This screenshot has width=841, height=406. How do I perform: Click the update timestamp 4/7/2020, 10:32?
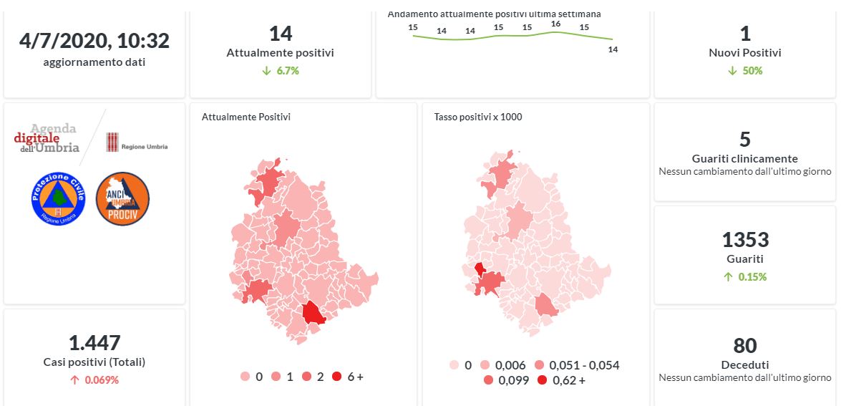click(94, 41)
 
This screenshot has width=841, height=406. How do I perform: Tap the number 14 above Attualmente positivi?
click(281, 34)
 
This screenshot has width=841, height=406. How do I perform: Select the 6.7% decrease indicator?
click(281, 71)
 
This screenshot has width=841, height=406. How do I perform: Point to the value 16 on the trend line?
click(555, 24)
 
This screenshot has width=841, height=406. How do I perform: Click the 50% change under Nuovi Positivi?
click(745, 71)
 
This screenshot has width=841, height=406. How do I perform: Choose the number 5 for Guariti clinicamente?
click(745, 139)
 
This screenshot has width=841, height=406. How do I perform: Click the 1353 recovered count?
click(745, 239)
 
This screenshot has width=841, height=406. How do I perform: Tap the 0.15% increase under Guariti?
click(745, 277)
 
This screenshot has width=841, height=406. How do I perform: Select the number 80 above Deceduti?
click(745, 346)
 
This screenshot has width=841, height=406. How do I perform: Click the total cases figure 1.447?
click(94, 343)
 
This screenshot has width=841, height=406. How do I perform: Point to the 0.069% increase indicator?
click(94, 380)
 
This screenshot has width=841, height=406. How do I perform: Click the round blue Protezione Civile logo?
click(58, 198)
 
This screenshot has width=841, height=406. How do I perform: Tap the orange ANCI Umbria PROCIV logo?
click(122, 198)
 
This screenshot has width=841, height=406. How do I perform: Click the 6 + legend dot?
click(336, 377)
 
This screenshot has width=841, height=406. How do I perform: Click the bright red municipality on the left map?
click(313, 313)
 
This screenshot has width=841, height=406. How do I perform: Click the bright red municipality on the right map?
click(479, 269)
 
